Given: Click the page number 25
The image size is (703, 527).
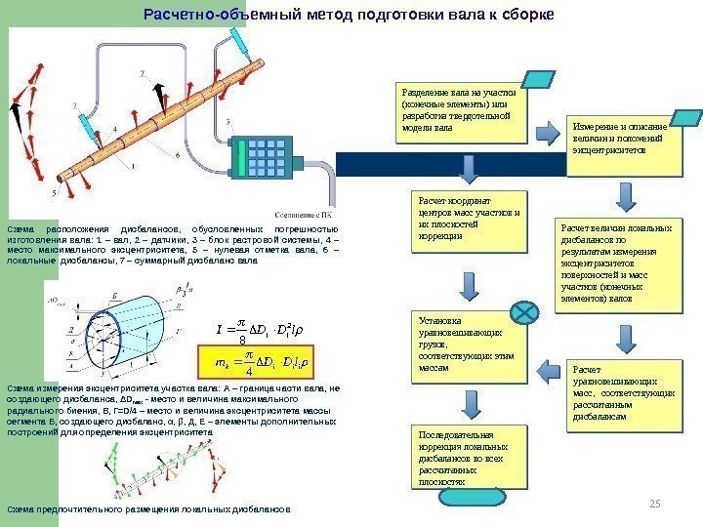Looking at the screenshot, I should tap(655, 502).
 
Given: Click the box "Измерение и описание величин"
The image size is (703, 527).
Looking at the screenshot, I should tap(622, 145).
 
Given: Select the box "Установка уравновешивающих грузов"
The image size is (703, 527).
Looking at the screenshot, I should tap(467, 345).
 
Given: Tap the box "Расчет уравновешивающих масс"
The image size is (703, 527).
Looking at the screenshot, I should tap(621, 393).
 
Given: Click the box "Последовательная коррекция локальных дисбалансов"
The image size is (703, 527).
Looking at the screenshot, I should tap(467, 457).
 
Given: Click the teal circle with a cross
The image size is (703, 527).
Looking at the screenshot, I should tap(524, 313).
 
